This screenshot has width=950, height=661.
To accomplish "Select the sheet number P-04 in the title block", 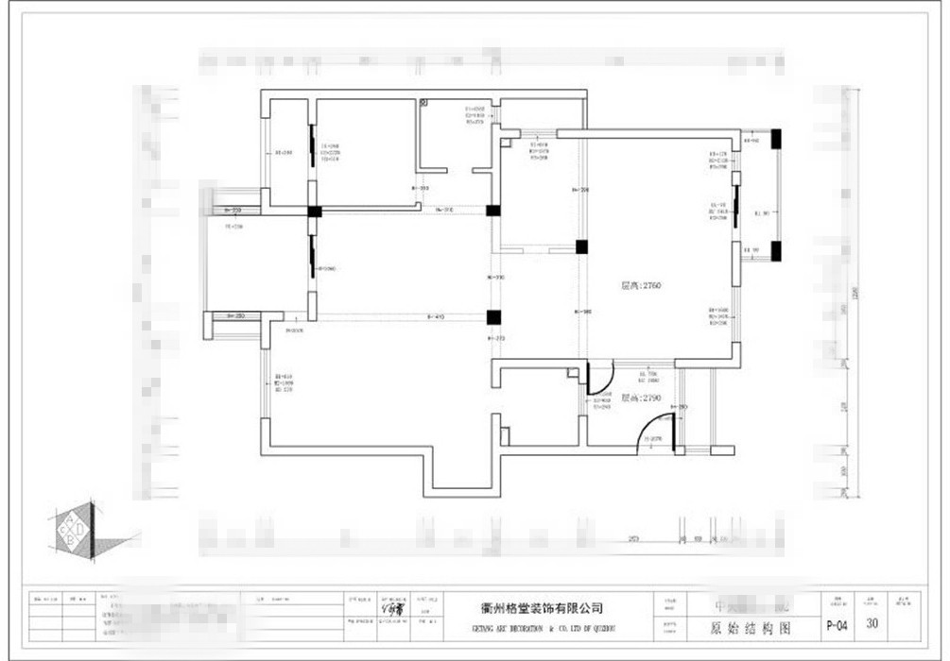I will coord(836,624).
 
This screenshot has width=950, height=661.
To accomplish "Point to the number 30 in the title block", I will coord(872,623).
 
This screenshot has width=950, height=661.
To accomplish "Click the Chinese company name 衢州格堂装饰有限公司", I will coord(536,609).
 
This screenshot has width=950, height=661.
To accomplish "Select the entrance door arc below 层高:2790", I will coord(651,435).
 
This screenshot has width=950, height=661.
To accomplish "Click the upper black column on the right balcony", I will coord(775,139).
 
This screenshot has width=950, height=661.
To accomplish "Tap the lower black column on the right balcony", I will coord(775,251).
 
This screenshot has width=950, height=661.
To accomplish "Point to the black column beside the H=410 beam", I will coord(492,317).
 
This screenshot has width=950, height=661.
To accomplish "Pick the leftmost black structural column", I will coord(314,212).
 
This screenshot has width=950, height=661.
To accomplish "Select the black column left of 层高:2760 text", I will coord(582,247).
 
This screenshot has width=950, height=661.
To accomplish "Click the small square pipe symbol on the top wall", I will coord(423,99).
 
